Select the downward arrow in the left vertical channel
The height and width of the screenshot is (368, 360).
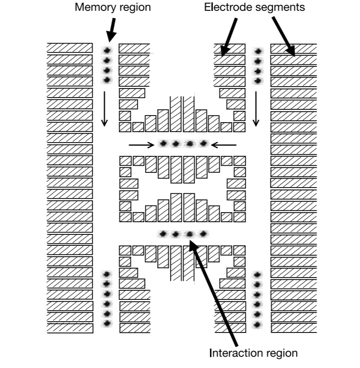(104, 109)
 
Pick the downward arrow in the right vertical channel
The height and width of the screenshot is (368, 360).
(256, 109)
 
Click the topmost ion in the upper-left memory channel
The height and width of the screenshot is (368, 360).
(107, 50)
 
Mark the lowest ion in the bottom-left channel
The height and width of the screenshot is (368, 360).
(108, 323)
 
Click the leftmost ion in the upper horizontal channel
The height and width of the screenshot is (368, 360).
(163, 143)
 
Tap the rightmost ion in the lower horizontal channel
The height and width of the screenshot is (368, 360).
(204, 233)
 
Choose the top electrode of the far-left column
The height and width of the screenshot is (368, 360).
(70, 48)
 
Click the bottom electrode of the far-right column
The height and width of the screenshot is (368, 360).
(293, 328)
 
